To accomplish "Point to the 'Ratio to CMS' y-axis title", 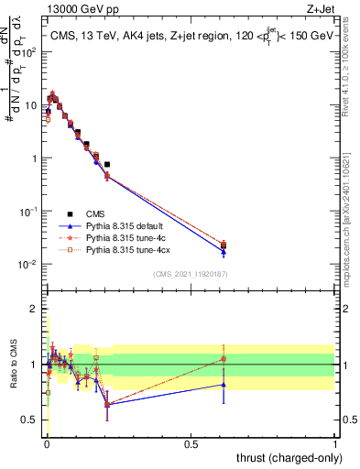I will pyautogui.click(x=12, y=364).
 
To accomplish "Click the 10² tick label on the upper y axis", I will pyautogui.click(x=29, y=51).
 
